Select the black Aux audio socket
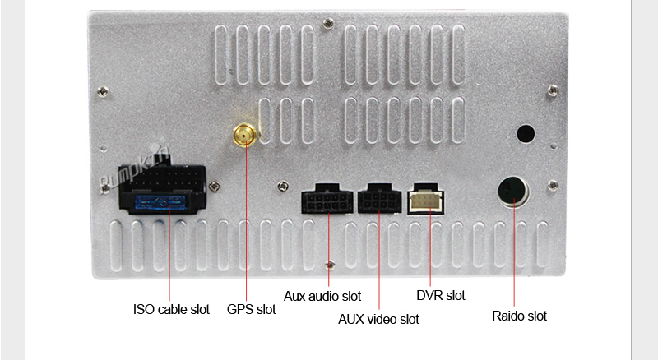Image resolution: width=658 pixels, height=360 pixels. coord(327,199)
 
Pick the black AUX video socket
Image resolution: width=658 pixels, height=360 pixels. coord(378,199)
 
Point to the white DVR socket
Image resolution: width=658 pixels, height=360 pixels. coord(427,198)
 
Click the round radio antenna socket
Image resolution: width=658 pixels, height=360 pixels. coord(514,191)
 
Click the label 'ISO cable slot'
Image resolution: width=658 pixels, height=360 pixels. coord(171,310)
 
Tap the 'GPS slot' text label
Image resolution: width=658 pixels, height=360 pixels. coord(252,310)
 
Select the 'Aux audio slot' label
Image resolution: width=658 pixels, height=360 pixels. coord(322,296)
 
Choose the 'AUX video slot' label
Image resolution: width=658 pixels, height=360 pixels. coord(378,319)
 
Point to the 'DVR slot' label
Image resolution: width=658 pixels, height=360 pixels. coord(441,295)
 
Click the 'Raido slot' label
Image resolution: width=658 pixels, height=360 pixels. coord(519,316)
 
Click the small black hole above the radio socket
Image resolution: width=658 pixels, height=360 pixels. coord(525,133)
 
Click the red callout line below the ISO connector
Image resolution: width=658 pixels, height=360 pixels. coord(169,255)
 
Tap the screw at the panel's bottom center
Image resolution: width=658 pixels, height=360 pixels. coord(330,264)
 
